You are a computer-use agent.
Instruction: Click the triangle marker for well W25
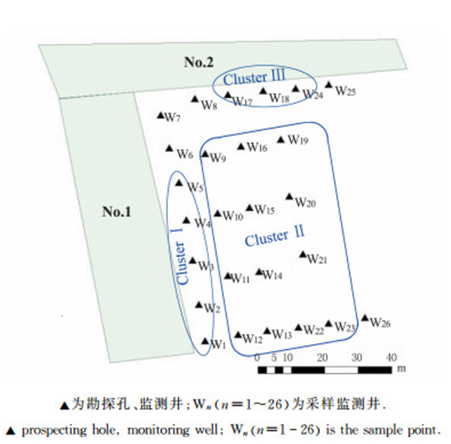click(x=329, y=85)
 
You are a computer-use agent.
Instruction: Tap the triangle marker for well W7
click(x=161, y=115)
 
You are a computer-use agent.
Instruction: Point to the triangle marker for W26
click(x=365, y=318)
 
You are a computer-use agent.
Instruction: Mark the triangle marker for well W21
click(x=303, y=255)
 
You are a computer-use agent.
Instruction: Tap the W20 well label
click(x=305, y=203)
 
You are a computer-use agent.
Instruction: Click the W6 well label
click(x=186, y=155)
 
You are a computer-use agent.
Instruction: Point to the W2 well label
click(x=213, y=308)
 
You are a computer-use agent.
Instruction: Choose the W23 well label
click(x=346, y=327)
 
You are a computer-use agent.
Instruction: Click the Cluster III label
click(x=254, y=78)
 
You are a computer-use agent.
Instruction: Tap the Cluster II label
click(x=275, y=236)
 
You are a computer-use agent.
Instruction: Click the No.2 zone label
click(x=198, y=62)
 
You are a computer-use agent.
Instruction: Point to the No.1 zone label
click(x=117, y=211)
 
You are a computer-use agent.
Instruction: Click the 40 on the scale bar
click(x=390, y=358)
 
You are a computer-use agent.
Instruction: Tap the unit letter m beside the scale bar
click(x=401, y=369)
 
